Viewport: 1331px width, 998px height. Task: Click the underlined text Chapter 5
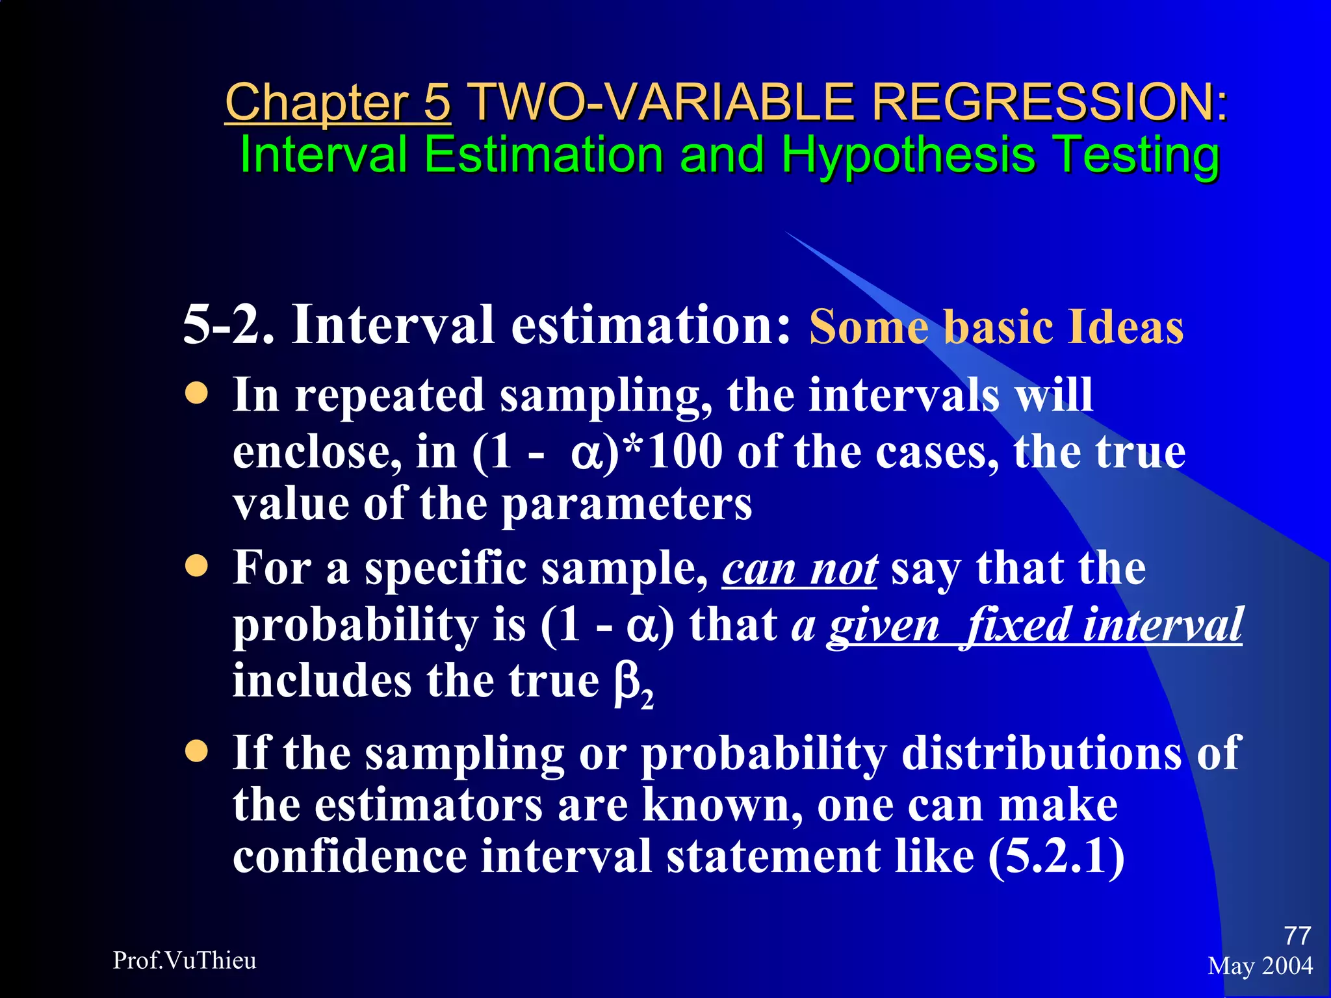pos(337,103)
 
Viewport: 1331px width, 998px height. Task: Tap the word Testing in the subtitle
pos(1136,156)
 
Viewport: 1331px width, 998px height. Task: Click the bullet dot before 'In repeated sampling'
pos(196,393)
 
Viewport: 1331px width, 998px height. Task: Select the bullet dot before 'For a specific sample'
pos(196,566)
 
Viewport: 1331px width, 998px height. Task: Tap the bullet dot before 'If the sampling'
pos(196,752)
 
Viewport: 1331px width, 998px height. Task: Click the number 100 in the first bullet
pos(685,450)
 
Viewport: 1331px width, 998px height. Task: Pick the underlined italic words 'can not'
pos(799,569)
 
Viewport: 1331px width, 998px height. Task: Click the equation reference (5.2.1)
pos(1056,856)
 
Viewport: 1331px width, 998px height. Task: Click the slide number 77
pos(1297,936)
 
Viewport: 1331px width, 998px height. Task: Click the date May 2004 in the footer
pos(1260,966)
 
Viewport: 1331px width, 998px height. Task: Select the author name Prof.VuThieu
pos(185,960)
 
